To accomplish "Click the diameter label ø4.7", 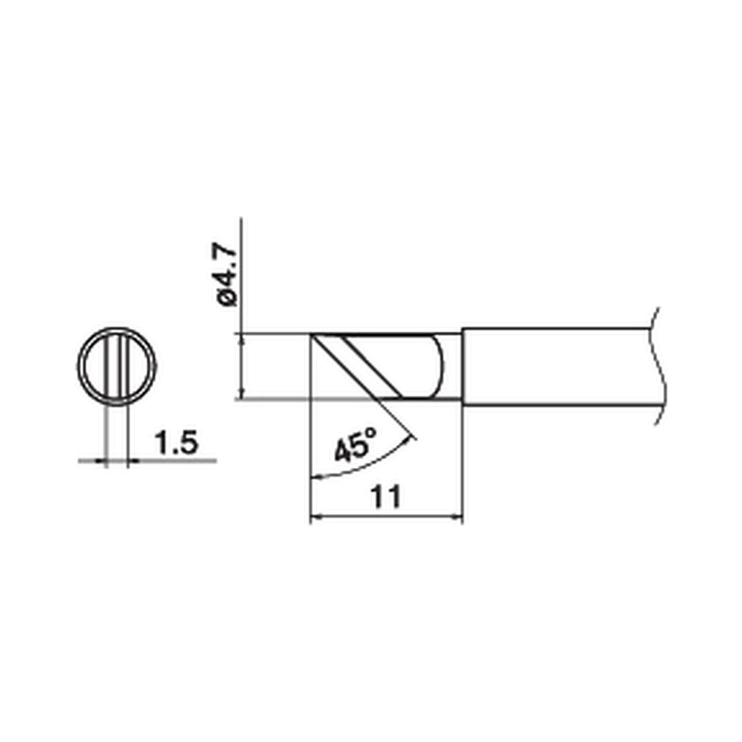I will (227, 276).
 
